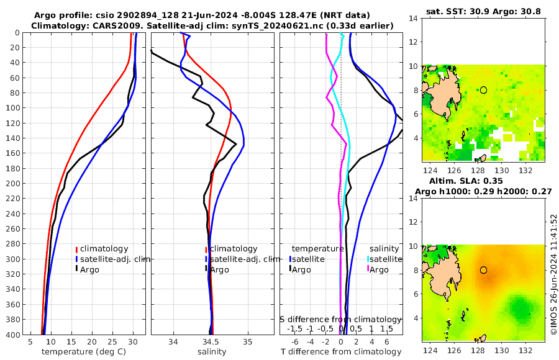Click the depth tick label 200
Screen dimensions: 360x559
pos(12,184)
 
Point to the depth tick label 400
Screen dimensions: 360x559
pos(12,335)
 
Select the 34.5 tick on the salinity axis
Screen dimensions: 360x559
pos(211,341)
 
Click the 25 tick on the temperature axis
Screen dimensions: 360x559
pos(112,341)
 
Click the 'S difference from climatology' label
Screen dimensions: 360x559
pos(340,319)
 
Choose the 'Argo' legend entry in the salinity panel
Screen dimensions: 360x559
pos(220,269)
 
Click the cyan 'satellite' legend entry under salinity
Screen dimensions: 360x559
pos(386,259)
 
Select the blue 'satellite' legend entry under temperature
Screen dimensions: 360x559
pos(308,259)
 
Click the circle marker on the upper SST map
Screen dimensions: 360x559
pos(483,90)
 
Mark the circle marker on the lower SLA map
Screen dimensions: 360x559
pos(483,270)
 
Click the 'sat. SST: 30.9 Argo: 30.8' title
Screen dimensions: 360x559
pos(484,12)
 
